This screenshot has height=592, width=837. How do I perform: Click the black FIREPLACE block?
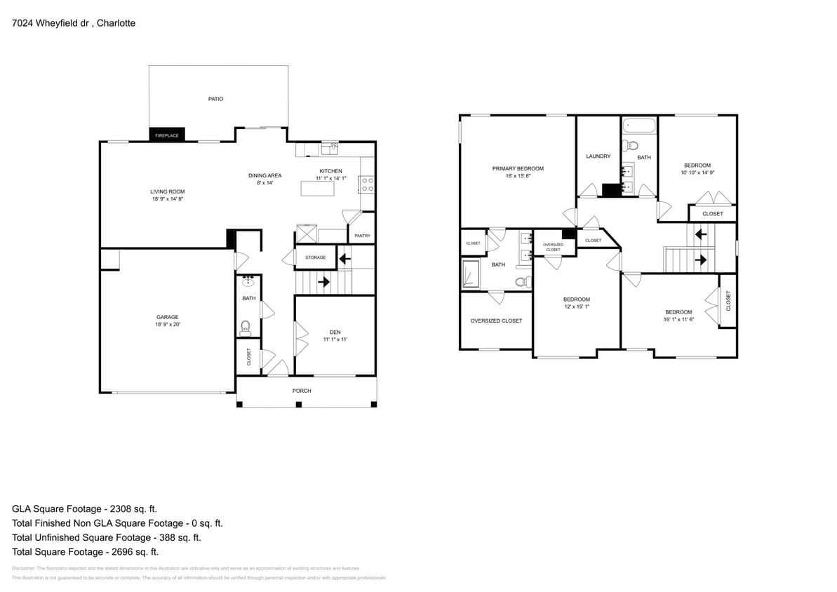click(x=167, y=135)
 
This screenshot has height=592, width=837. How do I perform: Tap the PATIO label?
click(x=215, y=99)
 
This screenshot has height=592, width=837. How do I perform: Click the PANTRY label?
click(x=362, y=236)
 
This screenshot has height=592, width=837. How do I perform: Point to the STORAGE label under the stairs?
click(x=315, y=257)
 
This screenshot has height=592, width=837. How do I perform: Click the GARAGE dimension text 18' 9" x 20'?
click(x=167, y=325)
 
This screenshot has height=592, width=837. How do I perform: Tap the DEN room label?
click(x=335, y=332)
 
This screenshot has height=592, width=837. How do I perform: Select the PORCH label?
click(x=302, y=391)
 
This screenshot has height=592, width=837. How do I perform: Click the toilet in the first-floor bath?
click(x=246, y=325)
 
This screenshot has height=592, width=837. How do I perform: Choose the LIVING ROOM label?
click(x=167, y=191)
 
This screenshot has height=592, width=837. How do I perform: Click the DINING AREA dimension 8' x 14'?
click(x=265, y=183)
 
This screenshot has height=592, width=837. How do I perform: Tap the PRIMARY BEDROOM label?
click(x=518, y=168)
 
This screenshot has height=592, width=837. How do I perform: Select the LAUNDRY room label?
click(x=598, y=156)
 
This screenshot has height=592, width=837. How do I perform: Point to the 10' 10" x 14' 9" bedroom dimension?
click(x=697, y=173)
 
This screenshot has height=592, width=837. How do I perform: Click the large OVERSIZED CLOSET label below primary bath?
click(x=496, y=321)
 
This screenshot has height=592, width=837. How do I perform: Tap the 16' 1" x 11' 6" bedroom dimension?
click(x=678, y=319)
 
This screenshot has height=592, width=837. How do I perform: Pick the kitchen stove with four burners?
click(x=368, y=184)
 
